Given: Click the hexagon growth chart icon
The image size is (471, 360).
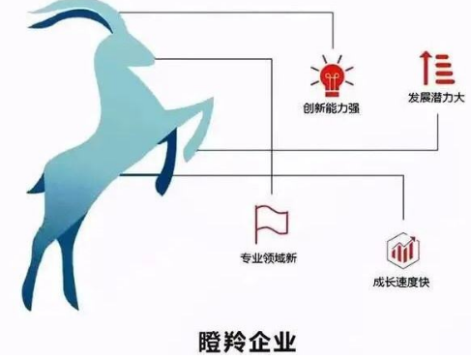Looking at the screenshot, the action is pyautogui.click(x=400, y=250).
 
